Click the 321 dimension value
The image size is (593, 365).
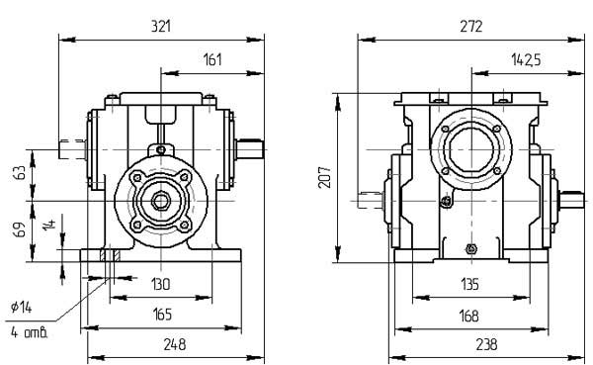(161, 26)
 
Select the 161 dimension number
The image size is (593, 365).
(212, 59)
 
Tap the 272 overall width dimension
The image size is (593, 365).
(471, 26)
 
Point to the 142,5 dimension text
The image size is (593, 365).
(527, 59)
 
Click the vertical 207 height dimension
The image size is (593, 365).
(324, 177)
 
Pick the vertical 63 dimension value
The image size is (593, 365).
(20, 173)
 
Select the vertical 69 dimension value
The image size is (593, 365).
(20, 229)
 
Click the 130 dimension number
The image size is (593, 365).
(161, 284)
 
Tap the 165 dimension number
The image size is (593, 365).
(162, 315)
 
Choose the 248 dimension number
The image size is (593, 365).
(175, 344)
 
